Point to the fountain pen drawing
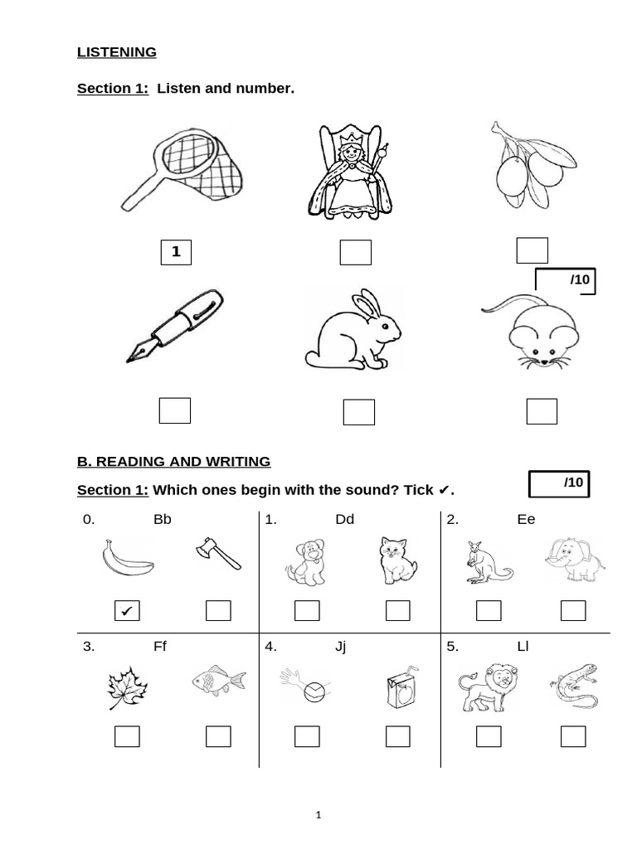pos(176,325)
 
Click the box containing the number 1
pos(176,252)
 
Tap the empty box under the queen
pos(356,253)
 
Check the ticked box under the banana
pos(127,612)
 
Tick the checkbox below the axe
pos(218,611)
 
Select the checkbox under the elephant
pos(573,611)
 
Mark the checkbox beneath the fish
pos(218,736)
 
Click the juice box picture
pos(399,688)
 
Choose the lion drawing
pos(485,687)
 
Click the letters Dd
pos(344,520)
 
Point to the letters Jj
pos(340,647)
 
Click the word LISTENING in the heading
pos(117,52)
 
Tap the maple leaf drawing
pos(127,687)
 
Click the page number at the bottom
pos(318,815)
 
